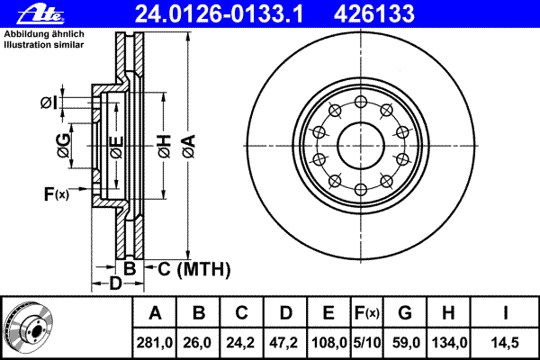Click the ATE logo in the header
pyautogui.click(x=40, y=14)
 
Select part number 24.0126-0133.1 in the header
pyautogui.click(x=219, y=14)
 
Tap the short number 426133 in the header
pyautogui.click(x=374, y=14)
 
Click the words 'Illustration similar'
pyautogui.click(x=44, y=45)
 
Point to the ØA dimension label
pyautogui.click(x=189, y=147)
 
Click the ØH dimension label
pyautogui.click(x=165, y=147)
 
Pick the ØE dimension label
pyautogui.click(x=116, y=147)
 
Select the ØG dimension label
pyautogui.click(x=64, y=146)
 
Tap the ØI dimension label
pyautogui.click(x=49, y=103)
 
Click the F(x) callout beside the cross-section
pyautogui.click(x=57, y=194)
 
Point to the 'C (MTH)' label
pyautogui.click(x=194, y=269)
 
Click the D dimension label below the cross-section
pyautogui.click(x=116, y=283)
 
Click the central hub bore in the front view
pyautogui.click(x=361, y=146)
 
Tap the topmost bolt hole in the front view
pyautogui.click(x=361, y=102)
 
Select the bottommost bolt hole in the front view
pyautogui.click(x=361, y=190)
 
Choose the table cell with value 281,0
pyautogui.click(x=154, y=342)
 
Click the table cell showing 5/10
pyautogui.click(x=367, y=342)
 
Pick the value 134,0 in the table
pyautogui.click(x=448, y=342)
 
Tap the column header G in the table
pyautogui.click(x=405, y=313)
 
